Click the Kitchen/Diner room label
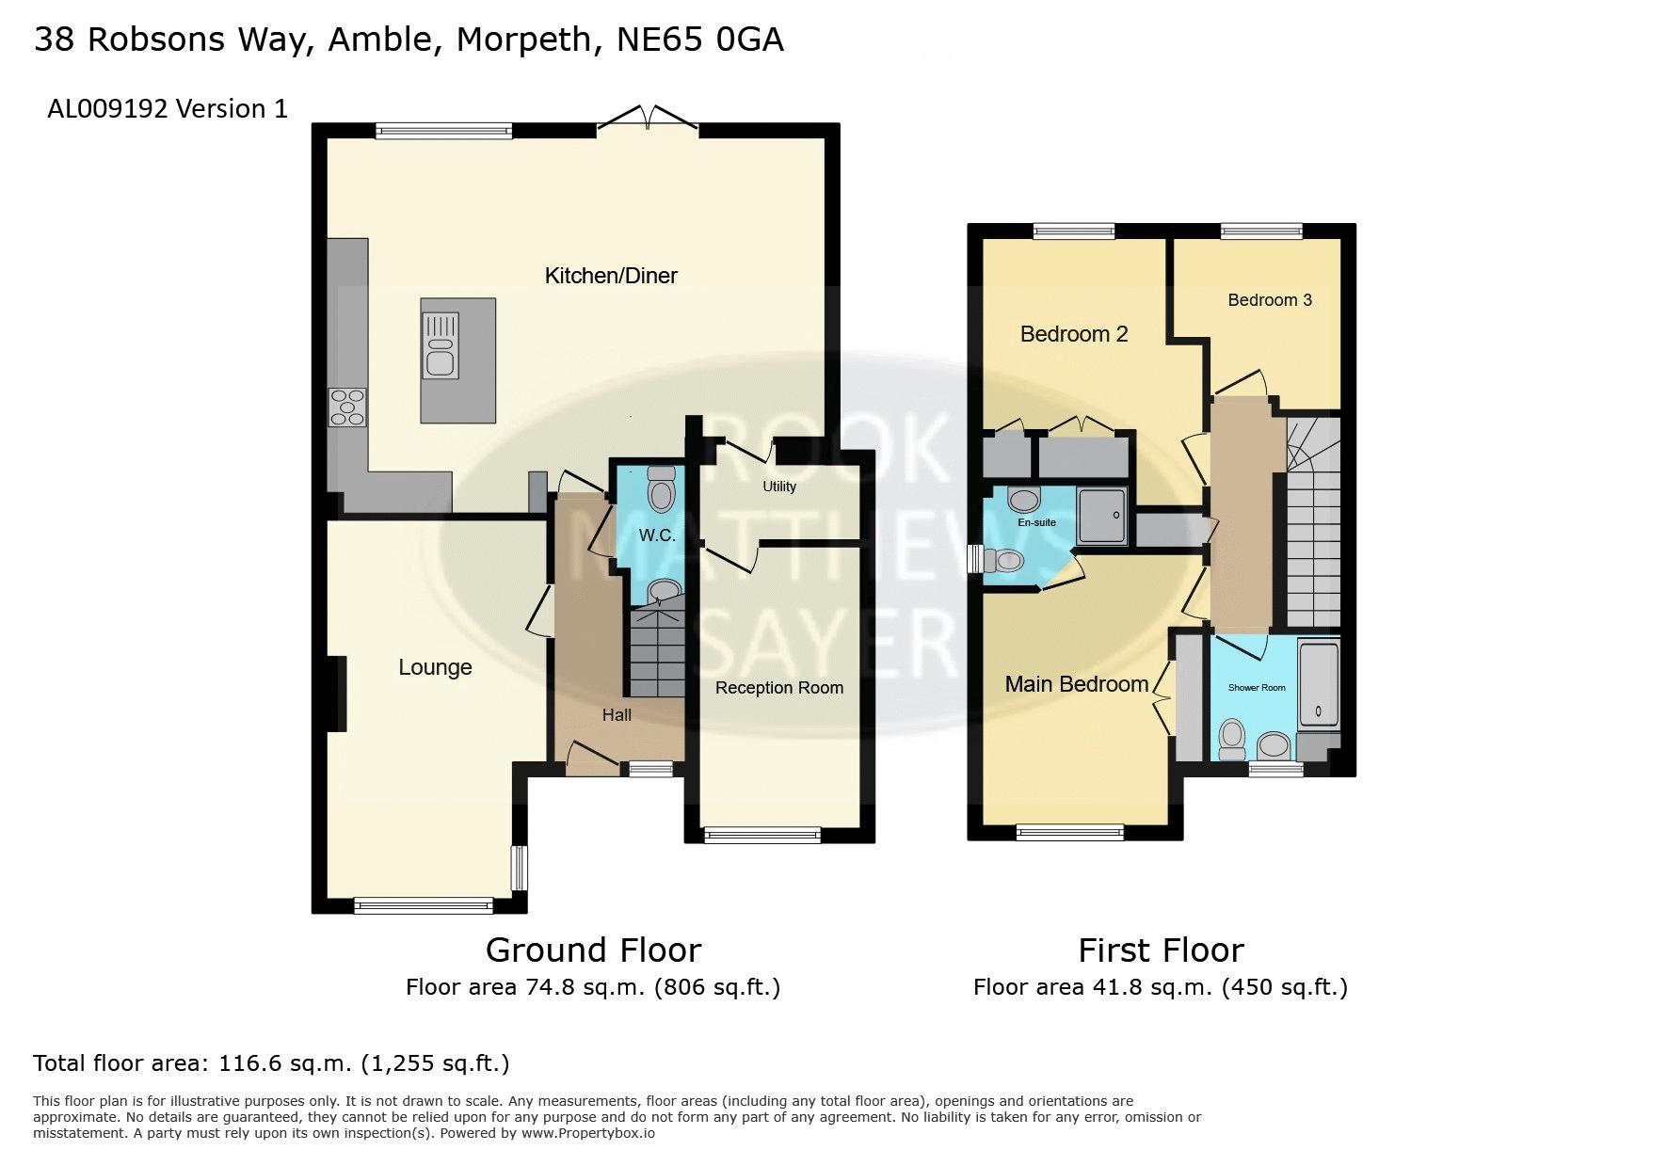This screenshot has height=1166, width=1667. click(x=611, y=276)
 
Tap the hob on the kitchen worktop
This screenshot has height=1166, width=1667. click(x=346, y=407)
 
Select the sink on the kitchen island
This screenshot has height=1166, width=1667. click(x=441, y=346)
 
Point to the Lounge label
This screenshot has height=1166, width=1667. click(x=435, y=667)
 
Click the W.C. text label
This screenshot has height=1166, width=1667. click(x=657, y=535)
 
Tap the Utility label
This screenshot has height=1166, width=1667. click(x=779, y=487)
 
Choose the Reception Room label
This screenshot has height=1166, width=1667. click(x=779, y=688)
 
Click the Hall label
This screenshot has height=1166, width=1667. click(x=617, y=715)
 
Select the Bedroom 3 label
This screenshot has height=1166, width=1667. click(x=1270, y=300)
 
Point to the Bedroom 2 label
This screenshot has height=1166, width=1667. click(x=1074, y=334)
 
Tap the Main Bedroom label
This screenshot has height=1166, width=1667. click(x=1077, y=684)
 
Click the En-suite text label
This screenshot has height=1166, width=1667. click(x=1036, y=522)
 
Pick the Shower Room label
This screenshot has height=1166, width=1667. click(x=1257, y=688)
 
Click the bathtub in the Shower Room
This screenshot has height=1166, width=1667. click(x=1319, y=684)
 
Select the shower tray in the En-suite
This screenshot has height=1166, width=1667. click(x=1102, y=516)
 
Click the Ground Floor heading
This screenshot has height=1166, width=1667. click(x=593, y=950)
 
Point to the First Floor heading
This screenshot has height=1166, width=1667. click(x=1161, y=950)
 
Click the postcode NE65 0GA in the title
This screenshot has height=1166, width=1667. click(x=699, y=40)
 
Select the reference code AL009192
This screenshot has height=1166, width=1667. click(x=107, y=109)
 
